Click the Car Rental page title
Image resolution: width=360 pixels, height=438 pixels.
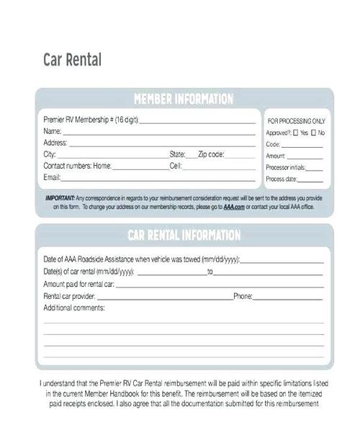tap(72, 60)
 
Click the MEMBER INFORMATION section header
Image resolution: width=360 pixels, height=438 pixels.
tap(184, 99)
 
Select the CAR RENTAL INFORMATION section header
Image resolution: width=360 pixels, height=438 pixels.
tap(184, 235)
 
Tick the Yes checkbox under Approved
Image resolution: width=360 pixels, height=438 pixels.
tap(296, 133)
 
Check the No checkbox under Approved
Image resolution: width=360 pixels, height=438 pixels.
tap(314, 133)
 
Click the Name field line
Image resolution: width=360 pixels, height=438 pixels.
tap(158, 133)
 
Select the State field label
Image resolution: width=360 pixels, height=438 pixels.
tap(177, 154)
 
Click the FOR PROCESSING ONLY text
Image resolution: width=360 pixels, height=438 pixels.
tap(296, 121)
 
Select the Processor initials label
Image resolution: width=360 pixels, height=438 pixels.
tap(285, 167)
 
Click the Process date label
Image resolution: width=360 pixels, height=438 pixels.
tap(281, 179)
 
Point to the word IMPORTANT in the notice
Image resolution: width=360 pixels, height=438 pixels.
tap(60, 197)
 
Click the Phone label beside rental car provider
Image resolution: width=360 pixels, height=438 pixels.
tap(242, 296)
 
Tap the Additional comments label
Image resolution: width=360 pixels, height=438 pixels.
tap(73, 308)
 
